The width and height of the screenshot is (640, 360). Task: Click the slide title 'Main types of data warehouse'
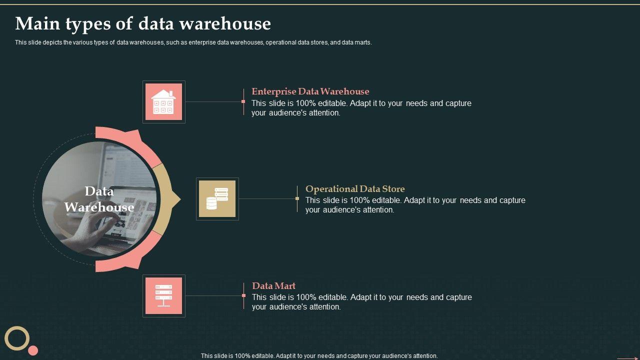click(143, 23)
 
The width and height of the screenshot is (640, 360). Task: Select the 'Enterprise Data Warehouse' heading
click(310, 91)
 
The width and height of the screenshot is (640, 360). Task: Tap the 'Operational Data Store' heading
click(355, 189)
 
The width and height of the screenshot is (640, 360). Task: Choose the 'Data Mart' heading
click(273, 286)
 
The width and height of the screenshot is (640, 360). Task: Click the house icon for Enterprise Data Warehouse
click(163, 102)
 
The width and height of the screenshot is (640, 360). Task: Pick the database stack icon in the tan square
click(217, 199)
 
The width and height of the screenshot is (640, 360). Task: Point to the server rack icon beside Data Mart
click(163, 296)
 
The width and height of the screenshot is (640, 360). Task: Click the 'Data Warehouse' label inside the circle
click(99, 199)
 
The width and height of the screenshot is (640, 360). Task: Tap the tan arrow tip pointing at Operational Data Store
click(176, 199)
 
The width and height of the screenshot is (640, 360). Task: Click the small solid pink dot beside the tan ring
click(33, 350)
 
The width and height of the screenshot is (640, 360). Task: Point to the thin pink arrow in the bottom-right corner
click(627, 358)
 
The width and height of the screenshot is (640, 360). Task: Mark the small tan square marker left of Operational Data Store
click(297, 198)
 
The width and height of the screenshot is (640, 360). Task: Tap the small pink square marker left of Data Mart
click(243, 295)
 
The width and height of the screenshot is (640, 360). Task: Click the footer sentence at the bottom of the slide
click(319, 356)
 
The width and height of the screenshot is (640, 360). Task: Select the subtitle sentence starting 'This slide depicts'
click(193, 42)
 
